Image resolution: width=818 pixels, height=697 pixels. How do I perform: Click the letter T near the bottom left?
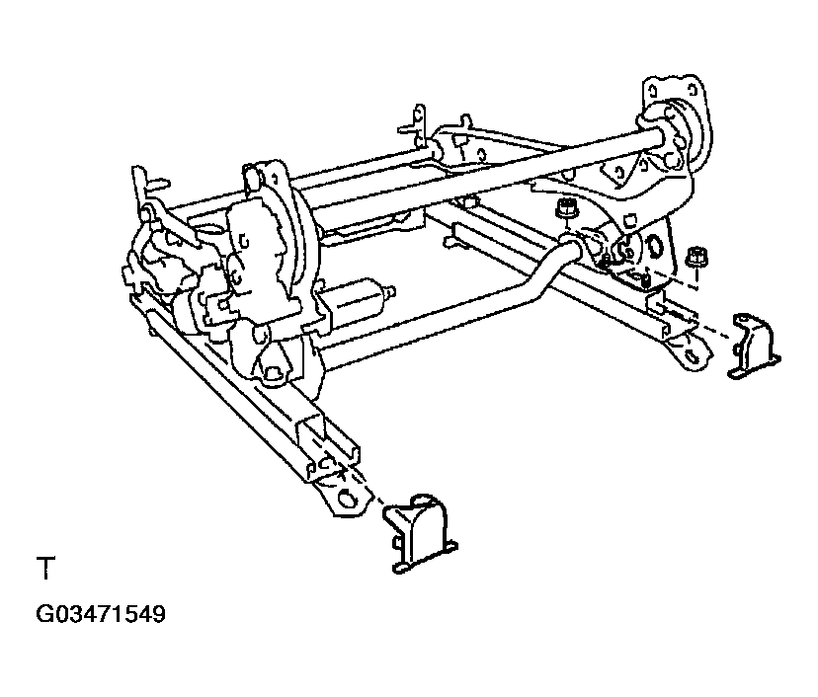[45, 570]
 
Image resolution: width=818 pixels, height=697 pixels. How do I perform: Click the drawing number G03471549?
[101, 615]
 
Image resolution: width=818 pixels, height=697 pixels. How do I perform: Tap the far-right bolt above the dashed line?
[695, 256]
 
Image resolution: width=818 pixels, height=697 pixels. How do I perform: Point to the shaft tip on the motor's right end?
[393, 291]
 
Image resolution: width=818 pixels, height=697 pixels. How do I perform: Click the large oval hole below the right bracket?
[651, 247]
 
